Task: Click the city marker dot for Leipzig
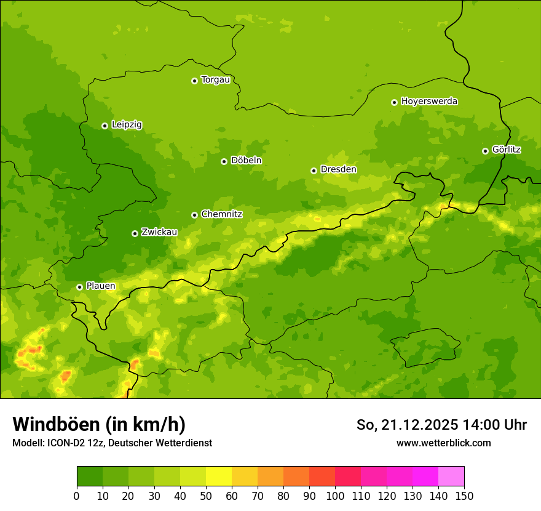105,126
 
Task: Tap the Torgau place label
215,80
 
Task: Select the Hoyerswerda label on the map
429,102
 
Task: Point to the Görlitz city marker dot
485,151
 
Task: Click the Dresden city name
338,169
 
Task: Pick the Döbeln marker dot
224,161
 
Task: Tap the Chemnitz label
221,214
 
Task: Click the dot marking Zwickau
135,233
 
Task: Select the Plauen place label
101,286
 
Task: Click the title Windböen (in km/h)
99,424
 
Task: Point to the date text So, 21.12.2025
407,425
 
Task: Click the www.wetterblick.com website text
443,443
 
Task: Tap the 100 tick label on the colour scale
335,496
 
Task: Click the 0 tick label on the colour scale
77,496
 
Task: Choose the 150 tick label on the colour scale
464,496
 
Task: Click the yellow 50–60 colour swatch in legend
219,477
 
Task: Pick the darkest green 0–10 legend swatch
90,477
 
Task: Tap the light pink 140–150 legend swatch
451,477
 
